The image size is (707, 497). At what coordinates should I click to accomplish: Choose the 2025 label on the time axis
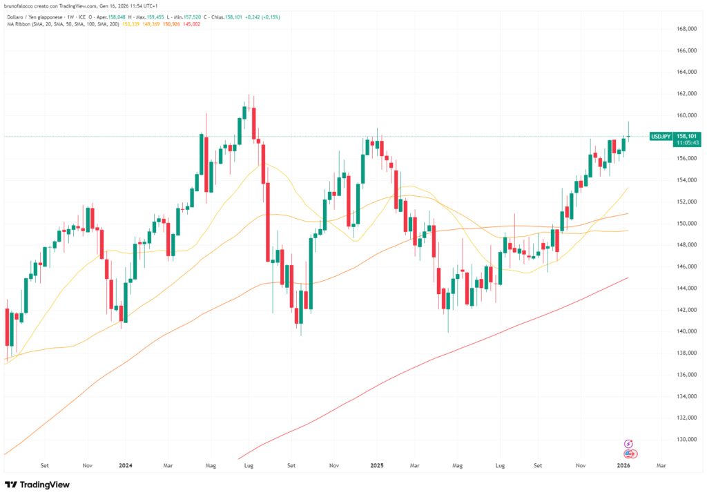point(376,466)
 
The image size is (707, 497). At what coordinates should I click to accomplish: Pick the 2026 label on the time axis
point(623,466)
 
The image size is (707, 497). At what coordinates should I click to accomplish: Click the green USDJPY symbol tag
point(660,137)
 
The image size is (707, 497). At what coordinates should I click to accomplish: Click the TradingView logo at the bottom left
point(37,485)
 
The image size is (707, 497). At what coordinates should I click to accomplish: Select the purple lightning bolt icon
point(628,444)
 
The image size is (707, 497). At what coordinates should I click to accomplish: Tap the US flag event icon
point(629,454)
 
